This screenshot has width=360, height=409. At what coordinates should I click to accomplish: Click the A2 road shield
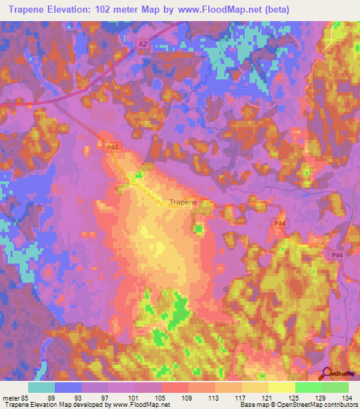click(143, 44)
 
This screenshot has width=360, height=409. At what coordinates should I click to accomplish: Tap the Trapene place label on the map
click(183, 202)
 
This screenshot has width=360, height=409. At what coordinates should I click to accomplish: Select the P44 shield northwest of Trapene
click(111, 147)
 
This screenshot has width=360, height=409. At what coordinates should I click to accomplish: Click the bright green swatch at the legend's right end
click(335, 387)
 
